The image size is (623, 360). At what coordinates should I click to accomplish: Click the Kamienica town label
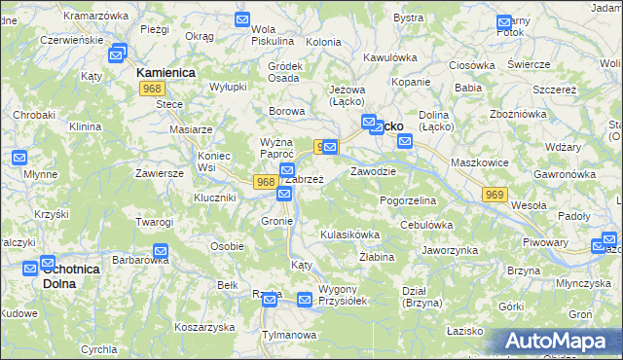(x=166, y=73)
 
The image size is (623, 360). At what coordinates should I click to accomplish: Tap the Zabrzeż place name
(x=304, y=179)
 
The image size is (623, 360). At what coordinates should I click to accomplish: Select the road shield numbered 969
(x=495, y=195)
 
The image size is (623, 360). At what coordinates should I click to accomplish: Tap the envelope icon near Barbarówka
(x=161, y=251)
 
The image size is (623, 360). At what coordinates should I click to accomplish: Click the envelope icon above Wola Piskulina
(x=243, y=19)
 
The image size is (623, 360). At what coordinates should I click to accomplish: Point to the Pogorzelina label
(x=408, y=199)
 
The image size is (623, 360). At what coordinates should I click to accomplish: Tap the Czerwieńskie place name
(x=69, y=41)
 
